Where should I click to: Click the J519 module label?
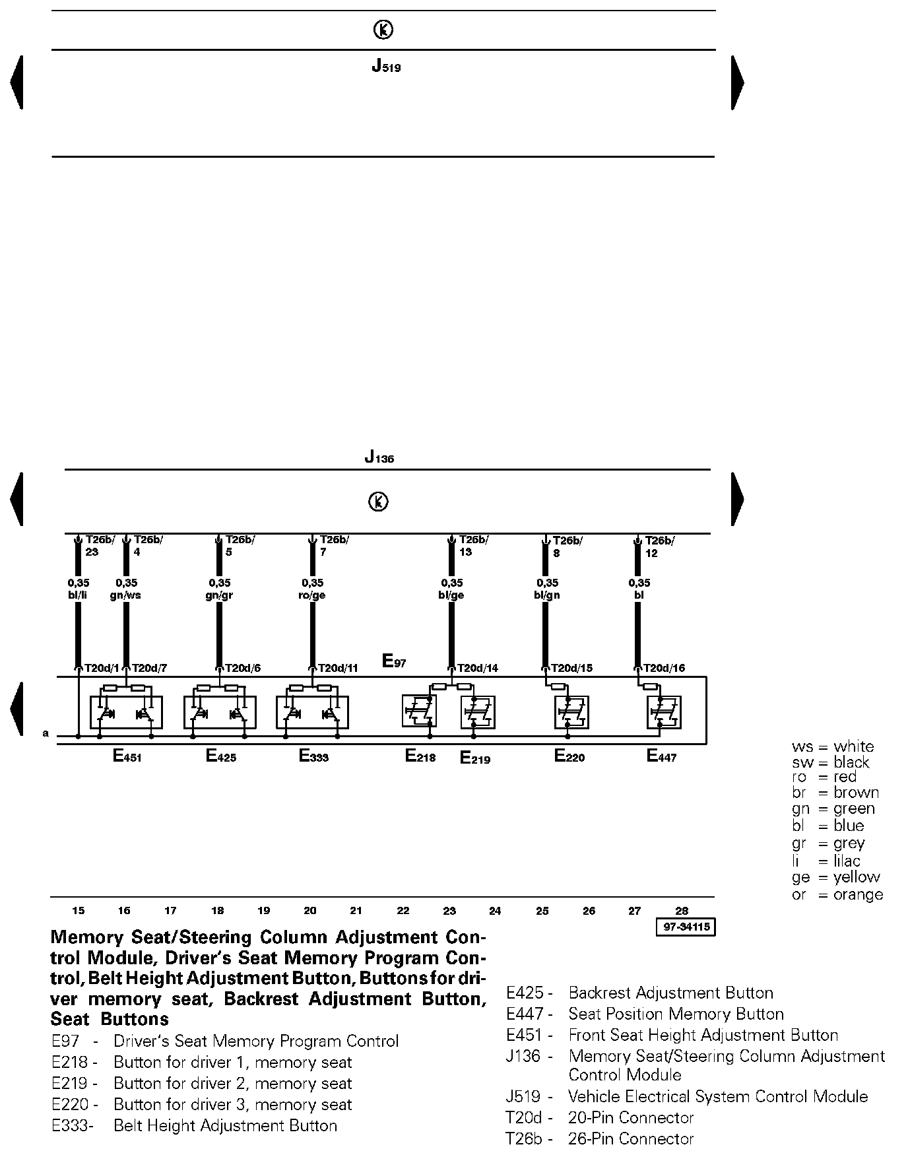click(386, 67)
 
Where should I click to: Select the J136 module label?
click(379, 457)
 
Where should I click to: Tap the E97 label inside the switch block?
click(394, 661)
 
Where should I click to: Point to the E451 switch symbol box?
click(126, 712)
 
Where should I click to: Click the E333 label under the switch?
click(313, 756)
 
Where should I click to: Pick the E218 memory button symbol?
click(419, 711)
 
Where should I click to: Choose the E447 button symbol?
click(663, 712)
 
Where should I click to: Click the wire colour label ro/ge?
click(313, 595)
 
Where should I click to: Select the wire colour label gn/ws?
click(126, 595)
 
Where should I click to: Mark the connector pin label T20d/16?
click(664, 668)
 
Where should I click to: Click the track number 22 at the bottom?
click(403, 911)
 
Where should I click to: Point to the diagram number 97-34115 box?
click(686, 927)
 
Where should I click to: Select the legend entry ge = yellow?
click(836, 877)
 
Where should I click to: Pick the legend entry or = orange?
click(837, 894)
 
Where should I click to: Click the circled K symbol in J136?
click(378, 502)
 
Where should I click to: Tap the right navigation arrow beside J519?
click(738, 82)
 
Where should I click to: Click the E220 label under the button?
click(569, 756)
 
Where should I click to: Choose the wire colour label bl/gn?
click(547, 595)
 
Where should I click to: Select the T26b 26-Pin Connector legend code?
click(524, 1138)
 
